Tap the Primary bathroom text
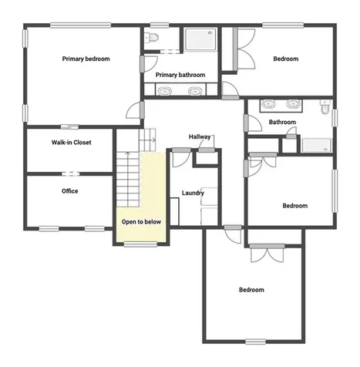(x=180, y=75)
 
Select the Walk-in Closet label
(x=71, y=143)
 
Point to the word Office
(x=69, y=191)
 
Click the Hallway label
(x=200, y=136)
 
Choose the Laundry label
(x=192, y=193)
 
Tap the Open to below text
(x=141, y=222)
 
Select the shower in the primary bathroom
(x=199, y=40)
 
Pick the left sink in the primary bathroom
(x=164, y=91)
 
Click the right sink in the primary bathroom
(x=196, y=91)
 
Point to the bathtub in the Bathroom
(x=315, y=144)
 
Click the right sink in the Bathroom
(x=293, y=104)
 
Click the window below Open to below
(x=140, y=245)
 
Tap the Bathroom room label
(x=282, y=122)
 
